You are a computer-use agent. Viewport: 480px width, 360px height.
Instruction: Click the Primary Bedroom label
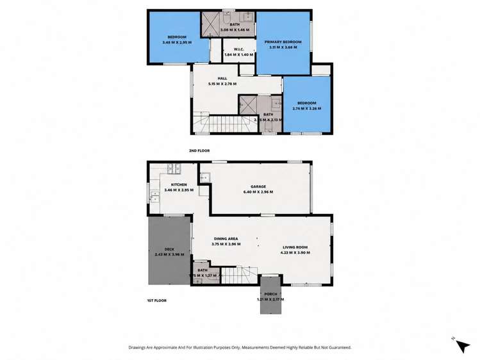[x=283, y=42]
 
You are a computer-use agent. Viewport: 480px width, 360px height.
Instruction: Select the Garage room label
[x=258, y=186]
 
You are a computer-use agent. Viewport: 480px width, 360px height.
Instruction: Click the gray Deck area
[x=169, y=250]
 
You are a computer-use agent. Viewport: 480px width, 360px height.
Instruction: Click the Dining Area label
[x=226, y=238]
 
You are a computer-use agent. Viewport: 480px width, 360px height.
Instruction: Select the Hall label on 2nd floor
[x=222, y=78]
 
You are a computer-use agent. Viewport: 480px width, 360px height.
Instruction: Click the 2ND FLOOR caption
[x=199, y=151]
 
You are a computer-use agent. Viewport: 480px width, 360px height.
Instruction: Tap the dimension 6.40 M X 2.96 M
[x=258, y=192]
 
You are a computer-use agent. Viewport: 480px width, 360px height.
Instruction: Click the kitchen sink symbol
[x=172, y=169]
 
